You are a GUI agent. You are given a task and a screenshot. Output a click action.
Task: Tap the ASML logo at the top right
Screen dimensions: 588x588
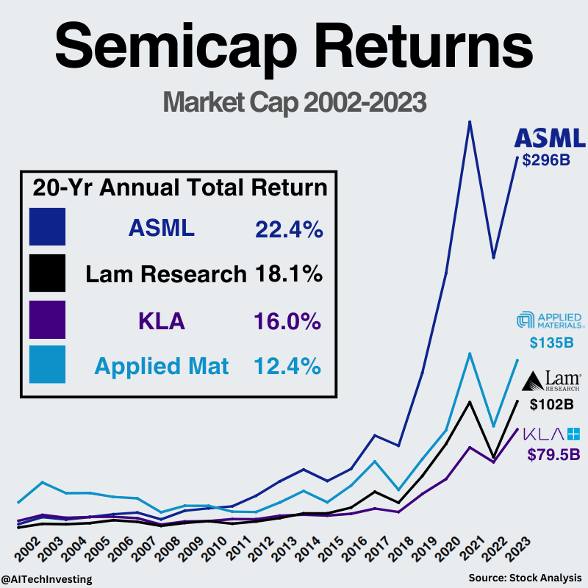(550, 138)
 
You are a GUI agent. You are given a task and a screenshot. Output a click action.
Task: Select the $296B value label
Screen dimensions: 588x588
(547, 159)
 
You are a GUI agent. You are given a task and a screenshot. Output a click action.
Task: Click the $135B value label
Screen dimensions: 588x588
(551, 342)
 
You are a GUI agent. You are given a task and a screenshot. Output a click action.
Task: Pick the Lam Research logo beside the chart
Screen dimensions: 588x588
(551, 381)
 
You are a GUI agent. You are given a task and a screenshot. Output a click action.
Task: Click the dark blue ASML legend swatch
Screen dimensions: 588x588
(48, 226)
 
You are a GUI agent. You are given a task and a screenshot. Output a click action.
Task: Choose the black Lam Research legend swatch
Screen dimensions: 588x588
(48, 273)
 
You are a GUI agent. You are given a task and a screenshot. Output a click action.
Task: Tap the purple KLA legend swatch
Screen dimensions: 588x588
(48, 319)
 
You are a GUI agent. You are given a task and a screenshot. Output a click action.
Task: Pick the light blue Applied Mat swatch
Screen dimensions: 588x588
(48, 365)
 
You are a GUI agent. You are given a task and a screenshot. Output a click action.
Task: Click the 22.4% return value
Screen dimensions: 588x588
(289, 229)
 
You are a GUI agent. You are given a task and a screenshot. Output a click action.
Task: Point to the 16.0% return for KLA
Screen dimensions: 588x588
(289, 321)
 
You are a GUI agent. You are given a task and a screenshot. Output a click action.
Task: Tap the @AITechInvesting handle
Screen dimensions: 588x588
(47, 579)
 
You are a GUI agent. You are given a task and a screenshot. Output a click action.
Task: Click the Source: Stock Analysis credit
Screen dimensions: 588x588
(525, 578)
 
